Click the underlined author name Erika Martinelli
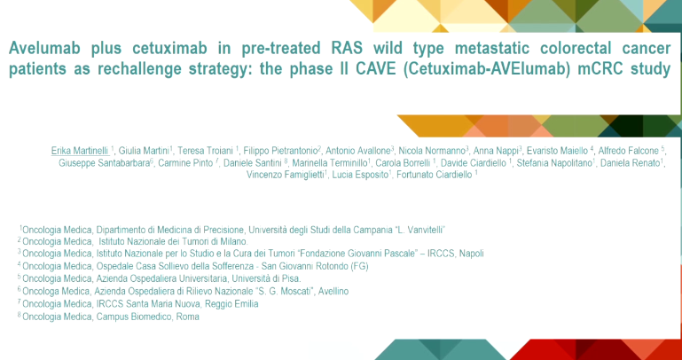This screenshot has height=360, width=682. pos(80,151)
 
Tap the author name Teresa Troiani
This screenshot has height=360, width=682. pos(208,151)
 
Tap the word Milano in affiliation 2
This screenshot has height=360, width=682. pos(232,240)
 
